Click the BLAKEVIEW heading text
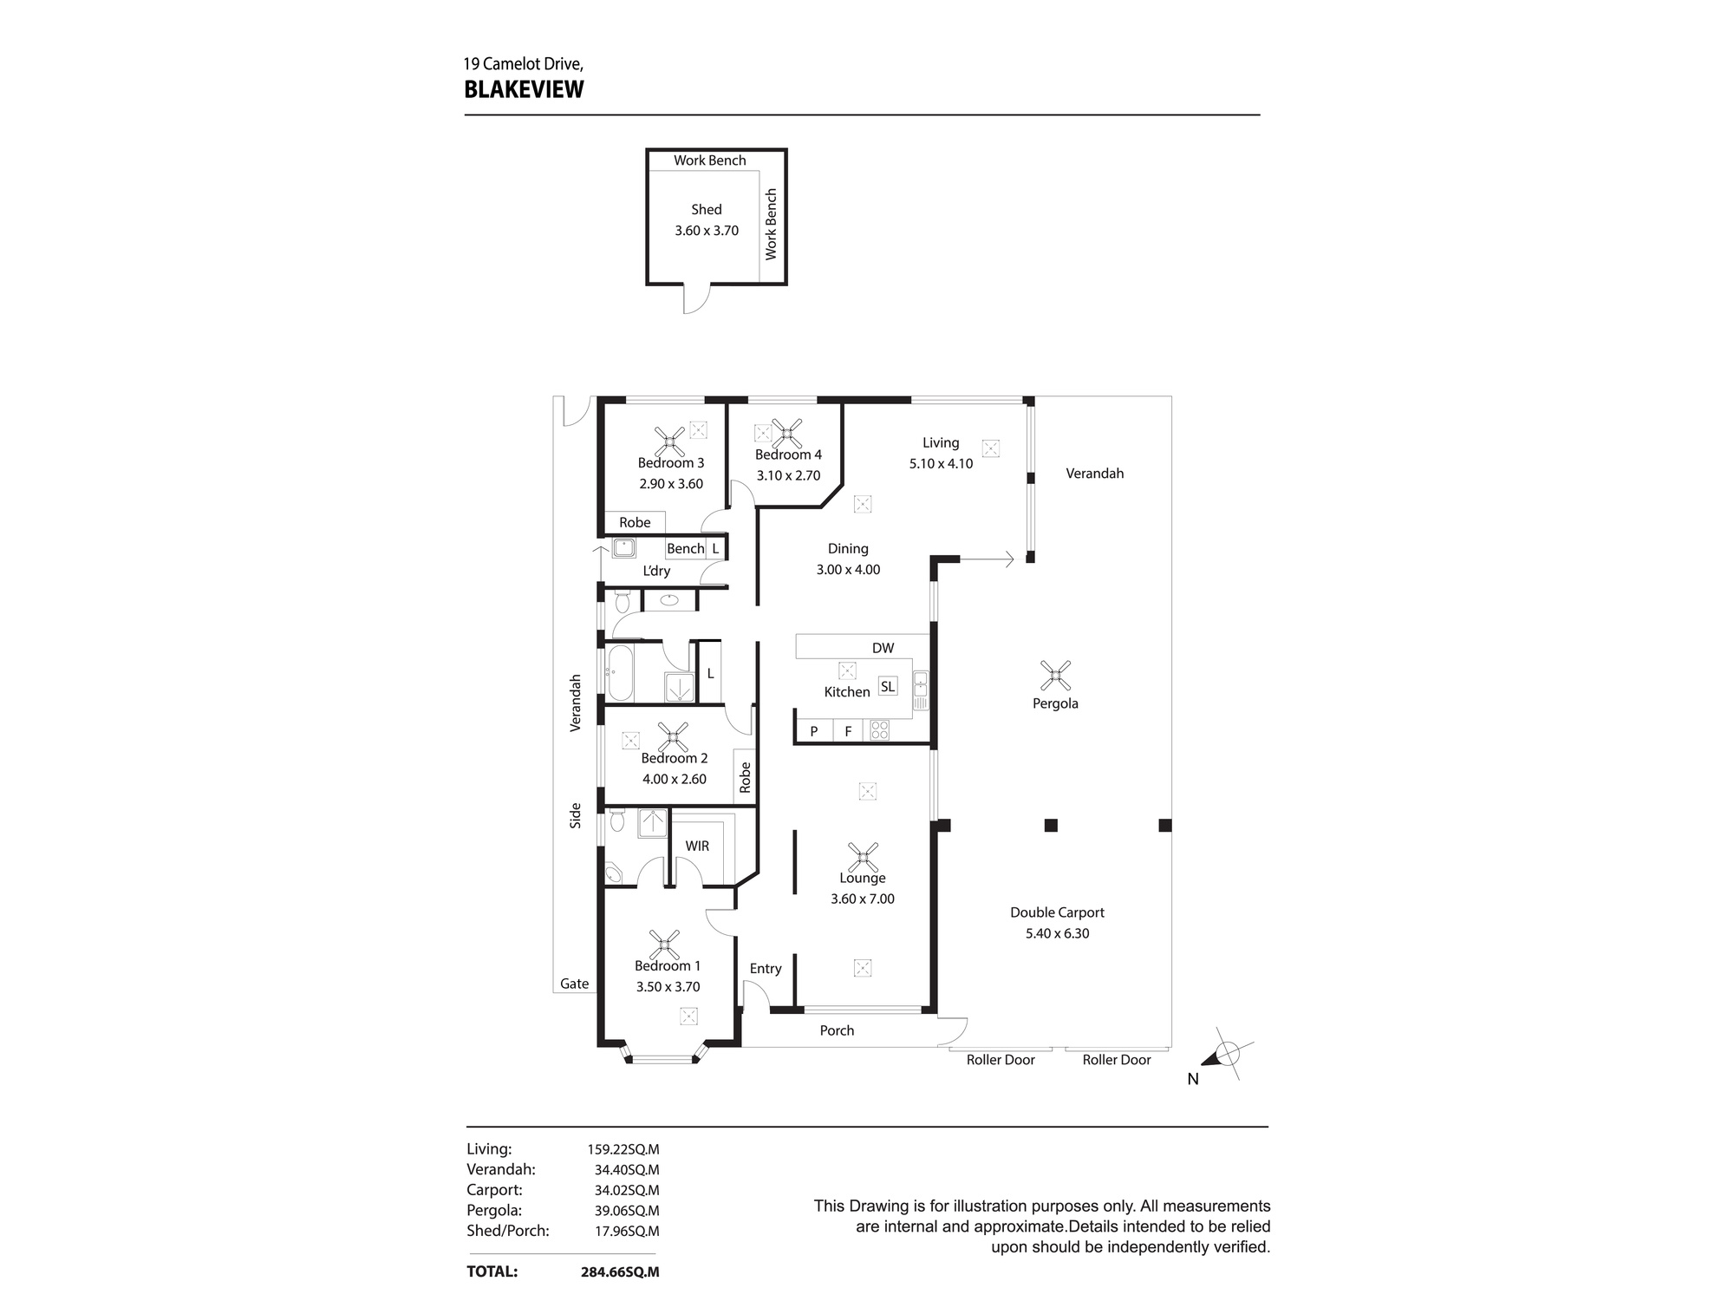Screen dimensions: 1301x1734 tap(524, 89)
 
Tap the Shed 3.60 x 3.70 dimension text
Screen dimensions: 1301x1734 tap(707, 231)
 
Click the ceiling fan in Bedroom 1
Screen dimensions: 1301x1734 tap(665, 944)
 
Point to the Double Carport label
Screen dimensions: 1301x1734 tap(1057, 912)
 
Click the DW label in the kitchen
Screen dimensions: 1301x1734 tap(883, 648)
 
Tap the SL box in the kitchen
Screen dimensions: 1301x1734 tap(887, 686)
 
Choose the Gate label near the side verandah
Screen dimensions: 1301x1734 tap(574, 984)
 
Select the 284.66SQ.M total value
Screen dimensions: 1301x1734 tap(619, 1272)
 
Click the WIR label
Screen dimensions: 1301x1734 tap(697, 846)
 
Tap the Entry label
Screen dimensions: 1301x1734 tap(766, 969)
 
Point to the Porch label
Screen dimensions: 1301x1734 tap(837, 1030)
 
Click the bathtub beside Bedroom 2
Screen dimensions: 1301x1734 tap(620, 673)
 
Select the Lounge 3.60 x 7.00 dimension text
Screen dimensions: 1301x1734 tap(862, 899)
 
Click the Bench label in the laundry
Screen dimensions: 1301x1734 tap(685, 548)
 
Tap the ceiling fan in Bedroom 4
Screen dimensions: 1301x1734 tap(786, 432)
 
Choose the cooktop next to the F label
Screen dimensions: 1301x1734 tap(879, 730)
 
